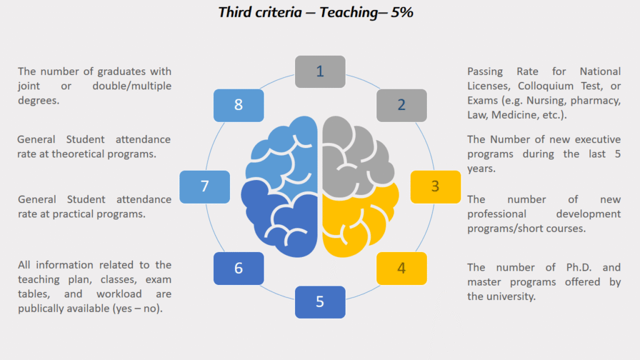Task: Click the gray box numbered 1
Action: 320,71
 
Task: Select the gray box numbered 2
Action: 401,105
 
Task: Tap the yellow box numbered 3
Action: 435,186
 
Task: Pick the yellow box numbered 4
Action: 401,268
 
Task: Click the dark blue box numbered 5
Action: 320,302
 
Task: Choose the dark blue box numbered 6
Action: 238,268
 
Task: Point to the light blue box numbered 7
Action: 204,186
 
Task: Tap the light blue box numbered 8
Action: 238,105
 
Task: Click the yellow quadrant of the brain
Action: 359,219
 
